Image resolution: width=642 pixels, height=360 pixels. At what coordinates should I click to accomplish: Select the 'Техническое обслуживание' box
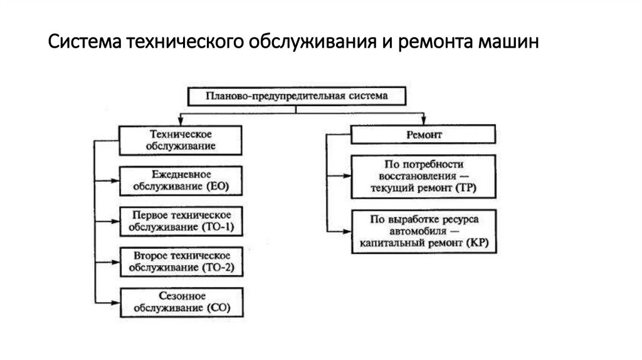coord(181,140)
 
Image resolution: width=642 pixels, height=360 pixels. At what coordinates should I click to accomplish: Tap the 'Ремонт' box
coord(423,135)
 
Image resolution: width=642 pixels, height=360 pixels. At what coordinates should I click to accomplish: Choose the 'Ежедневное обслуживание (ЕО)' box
coord(181,181)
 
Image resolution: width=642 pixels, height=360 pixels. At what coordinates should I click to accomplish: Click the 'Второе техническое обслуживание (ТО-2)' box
coord(181,262)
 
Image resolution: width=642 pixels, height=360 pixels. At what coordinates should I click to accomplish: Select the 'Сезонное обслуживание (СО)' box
coord(181,303)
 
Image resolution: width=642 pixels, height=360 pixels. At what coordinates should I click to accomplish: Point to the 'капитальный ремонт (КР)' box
coord(423,232)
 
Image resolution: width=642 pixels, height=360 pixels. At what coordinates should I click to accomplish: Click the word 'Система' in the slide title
coord(85,46)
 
